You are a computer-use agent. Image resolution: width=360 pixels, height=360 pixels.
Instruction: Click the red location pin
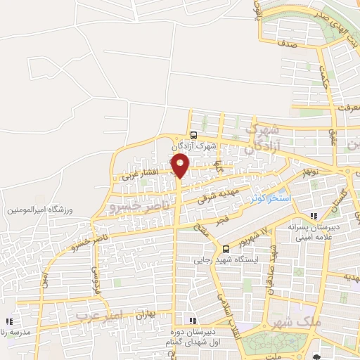tap(180, 166)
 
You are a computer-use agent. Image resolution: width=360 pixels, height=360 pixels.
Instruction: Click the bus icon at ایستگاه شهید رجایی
tap(226, 248)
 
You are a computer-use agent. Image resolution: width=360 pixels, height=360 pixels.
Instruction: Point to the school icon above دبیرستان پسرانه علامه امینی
tap(314, 215)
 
